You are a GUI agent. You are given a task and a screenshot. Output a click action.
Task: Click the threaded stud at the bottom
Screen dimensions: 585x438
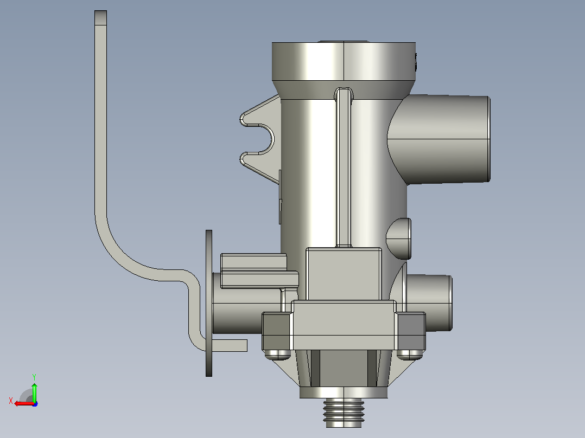coord(344,413)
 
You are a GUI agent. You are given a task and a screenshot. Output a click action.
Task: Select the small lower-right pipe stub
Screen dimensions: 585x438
coord(429,302)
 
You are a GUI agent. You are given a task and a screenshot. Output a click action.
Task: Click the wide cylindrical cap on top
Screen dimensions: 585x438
coord(344,61)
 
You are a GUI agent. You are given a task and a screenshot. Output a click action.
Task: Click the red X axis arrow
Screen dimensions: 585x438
coord(24,403)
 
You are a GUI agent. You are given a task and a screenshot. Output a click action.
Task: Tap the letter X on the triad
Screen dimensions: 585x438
coord(11,401)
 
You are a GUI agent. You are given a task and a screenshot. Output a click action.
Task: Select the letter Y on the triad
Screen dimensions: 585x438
coord(34,377)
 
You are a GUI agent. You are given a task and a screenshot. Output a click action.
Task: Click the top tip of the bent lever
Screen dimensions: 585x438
coord(101,11)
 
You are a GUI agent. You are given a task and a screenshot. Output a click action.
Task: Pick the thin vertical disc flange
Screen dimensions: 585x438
coord(209,303)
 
